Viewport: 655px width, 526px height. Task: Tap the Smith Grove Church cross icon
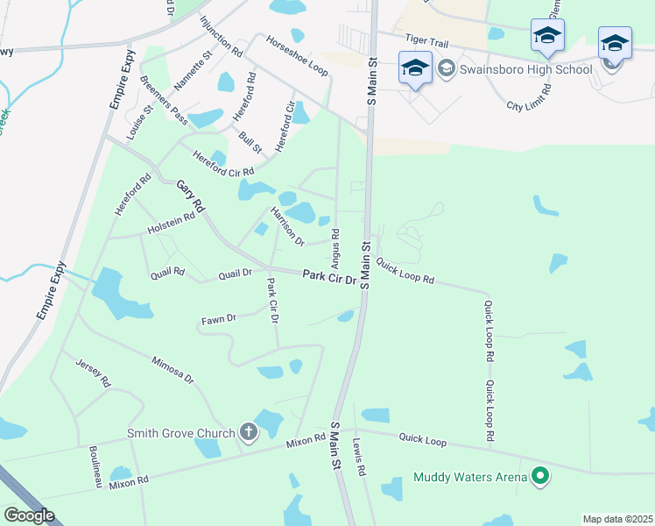[x=248, y=432]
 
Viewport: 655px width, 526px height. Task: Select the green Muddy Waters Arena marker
[x=540, y=477]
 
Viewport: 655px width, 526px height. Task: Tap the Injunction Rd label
[x=220, y=36]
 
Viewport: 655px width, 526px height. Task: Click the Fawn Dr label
[x=219, y=319]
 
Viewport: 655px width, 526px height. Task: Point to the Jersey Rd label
[x=93, y=373]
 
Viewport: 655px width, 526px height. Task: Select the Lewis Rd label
[x=359, y=457]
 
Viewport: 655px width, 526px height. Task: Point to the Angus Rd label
[x=335, y=248]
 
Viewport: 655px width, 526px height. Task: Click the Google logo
[x=29, y=515]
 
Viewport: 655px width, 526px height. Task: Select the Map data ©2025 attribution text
[x=617, y=519]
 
